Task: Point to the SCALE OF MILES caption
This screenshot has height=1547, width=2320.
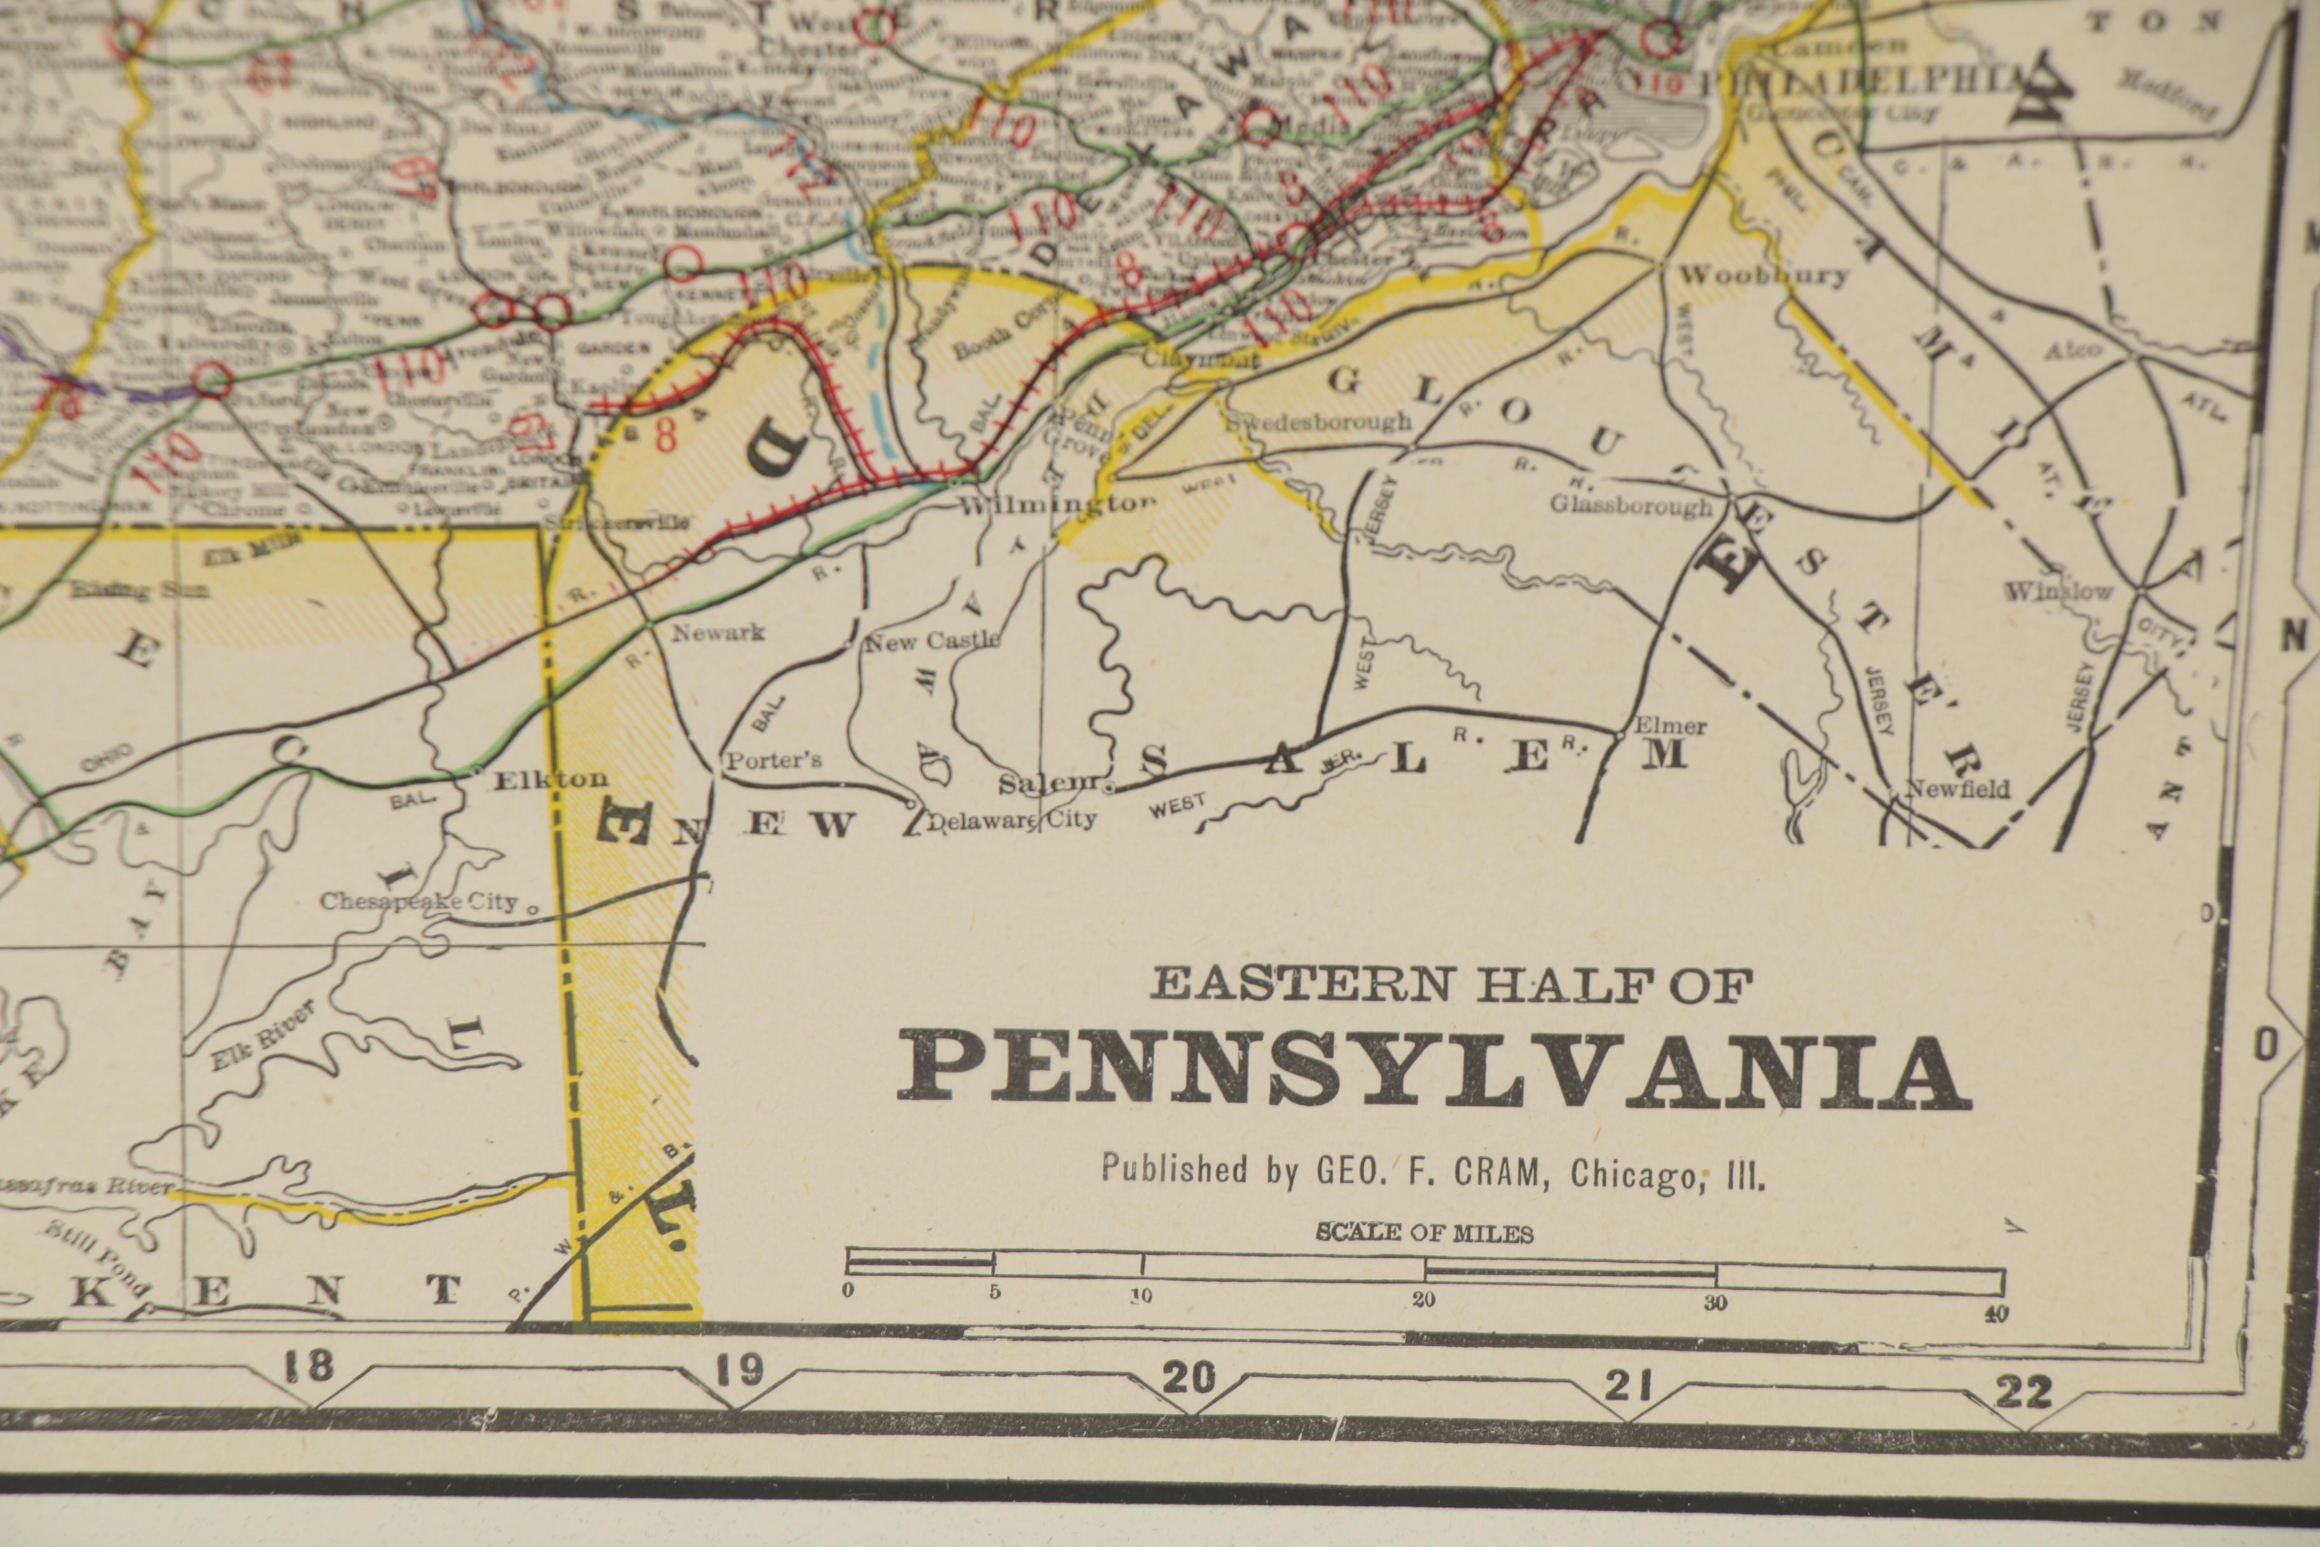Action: [1425, 1233]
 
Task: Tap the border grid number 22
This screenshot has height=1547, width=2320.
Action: [2022, 1392]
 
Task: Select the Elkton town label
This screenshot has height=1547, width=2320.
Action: [549, 779]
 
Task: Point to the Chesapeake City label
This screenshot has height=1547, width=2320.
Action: [418, 902]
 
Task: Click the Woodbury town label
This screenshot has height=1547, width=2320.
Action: [1764, 275]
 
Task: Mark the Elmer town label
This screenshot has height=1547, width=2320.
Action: [1670, 726]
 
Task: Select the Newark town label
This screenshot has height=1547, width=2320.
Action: [718, 632]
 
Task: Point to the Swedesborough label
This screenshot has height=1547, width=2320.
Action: [1320, 422]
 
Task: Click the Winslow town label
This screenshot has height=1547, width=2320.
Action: [2059, 592]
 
